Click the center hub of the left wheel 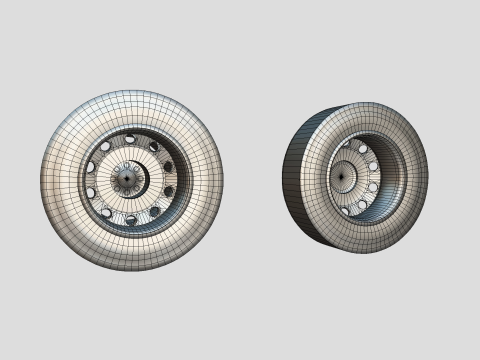(127, 178)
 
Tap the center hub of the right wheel (341, 177)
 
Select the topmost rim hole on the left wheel (130, 139)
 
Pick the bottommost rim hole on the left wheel (131, 219)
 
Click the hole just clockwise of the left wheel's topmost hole (154, 147)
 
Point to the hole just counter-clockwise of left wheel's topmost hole (106, 146)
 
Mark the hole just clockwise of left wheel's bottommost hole (107, 213)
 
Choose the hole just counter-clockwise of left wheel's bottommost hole (154, 211)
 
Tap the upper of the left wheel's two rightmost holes (168, 167)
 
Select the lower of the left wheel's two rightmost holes (169, 191)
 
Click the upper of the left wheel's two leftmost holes (91, 167)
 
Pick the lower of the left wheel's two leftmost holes (91, 192)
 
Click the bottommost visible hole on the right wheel (345, 211)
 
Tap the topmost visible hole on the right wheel (346, 144)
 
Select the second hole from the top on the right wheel (363, 149)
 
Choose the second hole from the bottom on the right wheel (362, 204)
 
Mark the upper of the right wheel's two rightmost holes (373, 166)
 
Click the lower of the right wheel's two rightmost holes (373, 187)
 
